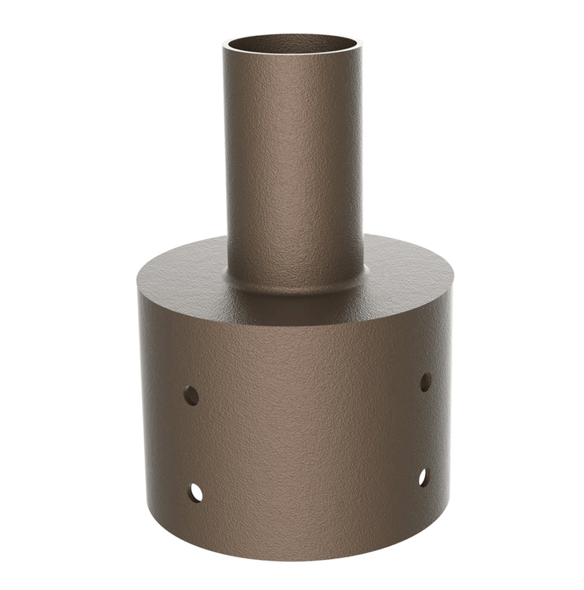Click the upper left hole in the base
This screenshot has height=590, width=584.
[191, 395]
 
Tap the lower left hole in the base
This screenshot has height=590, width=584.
[195, 493]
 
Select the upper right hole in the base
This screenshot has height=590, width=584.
[425, 382]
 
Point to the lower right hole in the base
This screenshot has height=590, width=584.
[423, 478]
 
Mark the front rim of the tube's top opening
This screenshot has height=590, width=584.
[293, 57]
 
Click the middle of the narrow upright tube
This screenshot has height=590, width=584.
[293, 162]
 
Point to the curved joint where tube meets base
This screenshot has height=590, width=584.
[294, 286]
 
